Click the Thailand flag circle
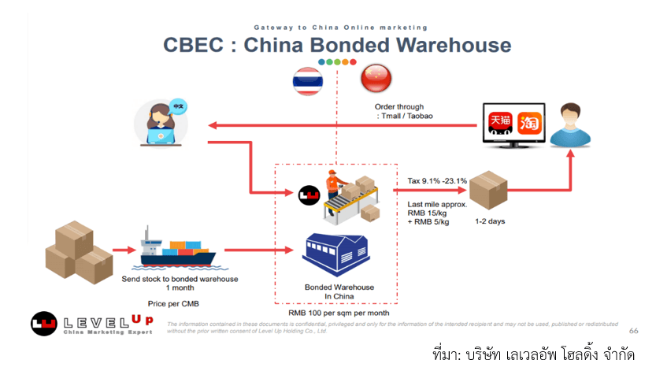pyautogui.click(x=308, y=81)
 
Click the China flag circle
pyautogui.click(x=375, y=80)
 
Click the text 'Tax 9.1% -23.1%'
pyautogui.click(x=438, y=180)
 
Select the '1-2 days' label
pyautogui.click(x=490, y=221)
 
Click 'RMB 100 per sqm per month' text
pyautogui.click(x=339, y=313)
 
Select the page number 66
pyautogui.click(x=633, y=332)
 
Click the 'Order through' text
pyautogui.click(x=399, y=106)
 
